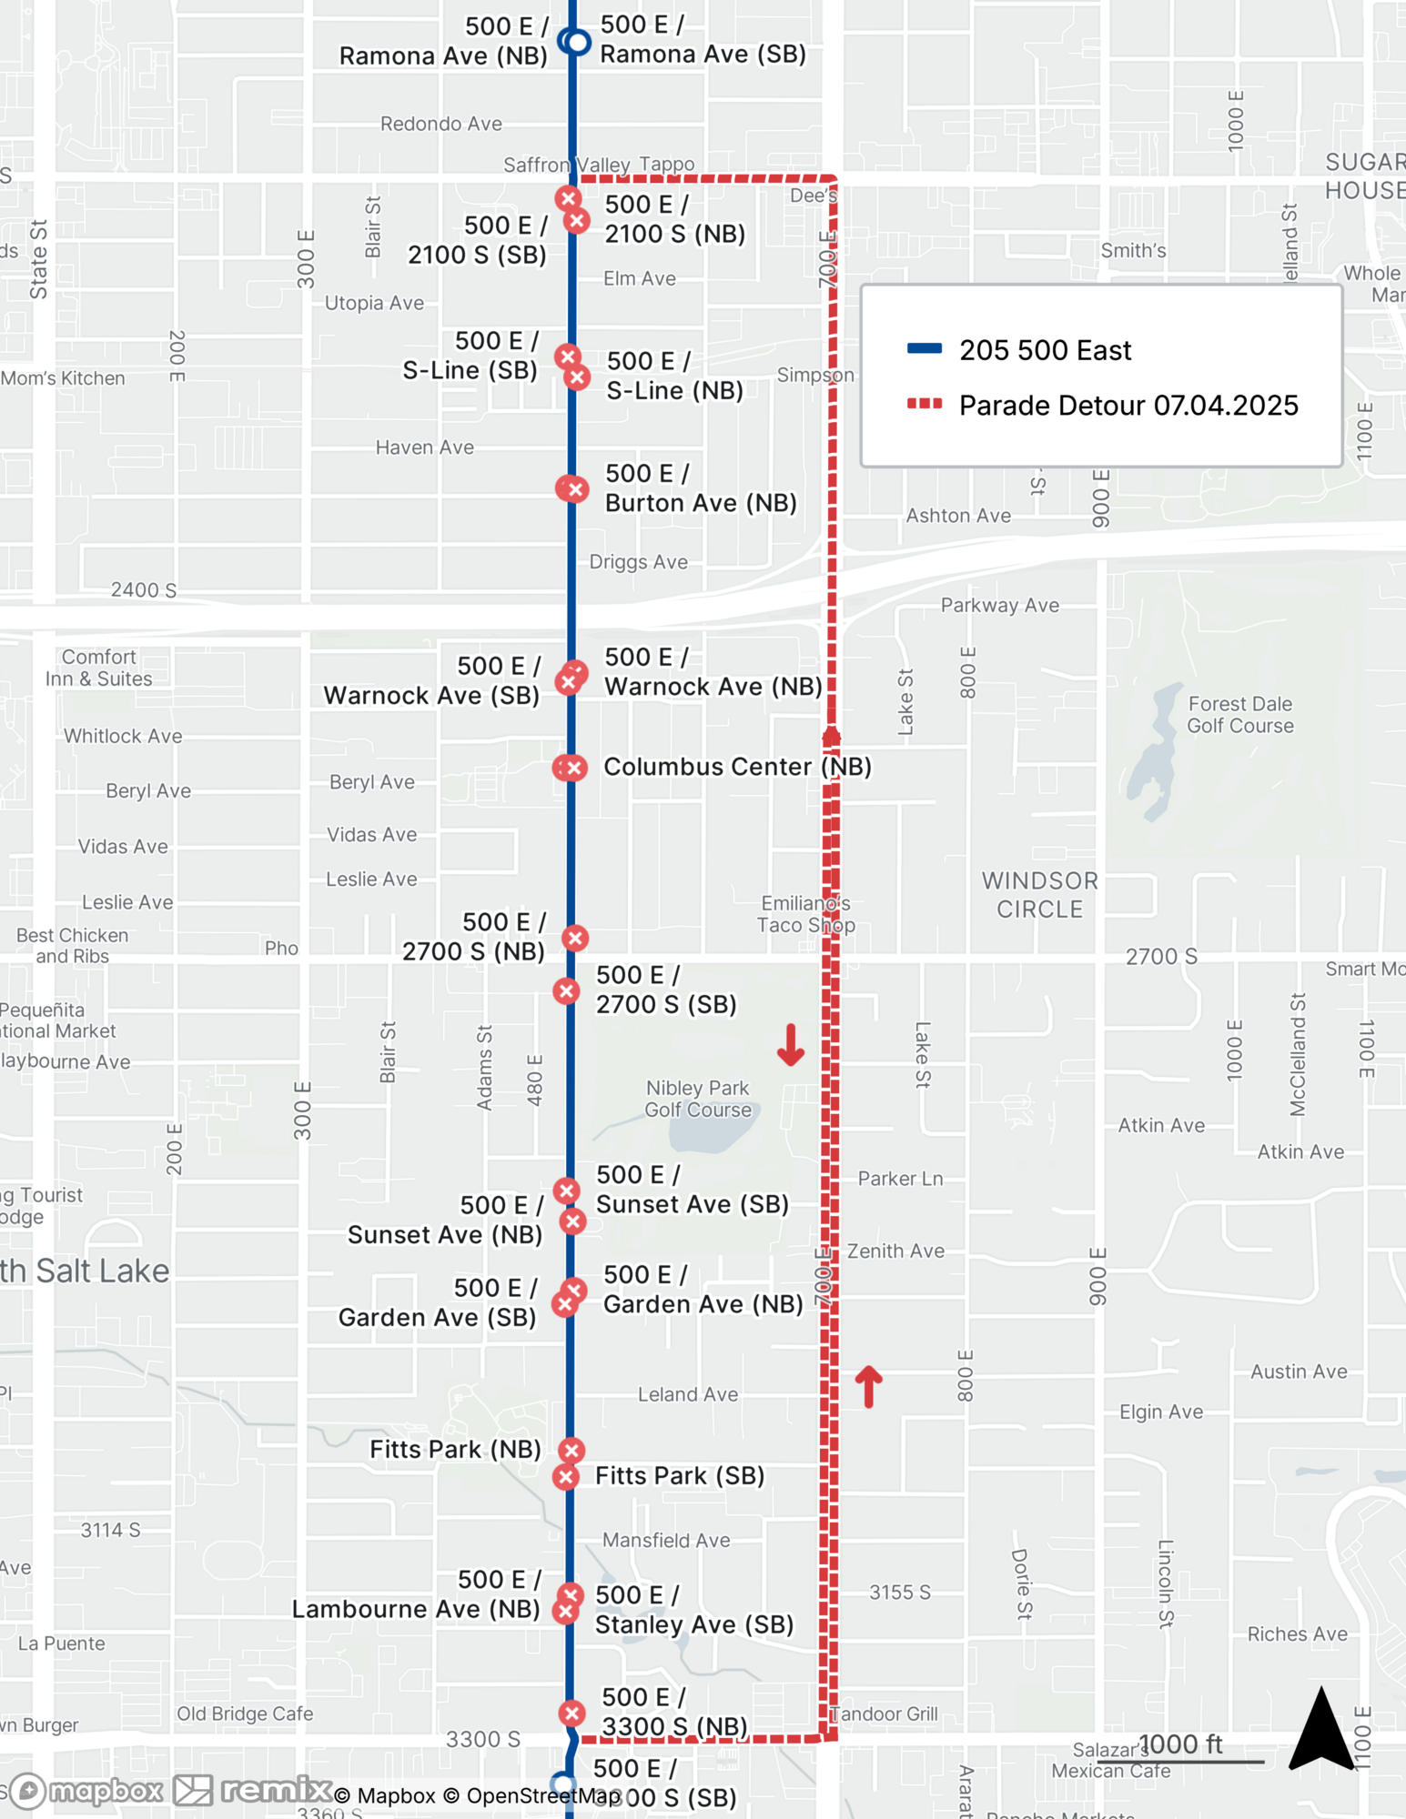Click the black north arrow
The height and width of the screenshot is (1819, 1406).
click(1321, 1730)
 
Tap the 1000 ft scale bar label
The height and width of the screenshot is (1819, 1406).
click(1180, 1744)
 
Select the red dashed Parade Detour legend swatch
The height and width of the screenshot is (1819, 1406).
click(924, 404)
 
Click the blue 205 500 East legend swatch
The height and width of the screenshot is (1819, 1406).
click(924, 348)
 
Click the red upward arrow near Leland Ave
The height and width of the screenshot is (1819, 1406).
click(869, 1386)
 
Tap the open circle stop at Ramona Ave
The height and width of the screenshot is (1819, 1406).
click(574, 42)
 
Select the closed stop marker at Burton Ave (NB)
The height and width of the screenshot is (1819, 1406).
click(572, 488)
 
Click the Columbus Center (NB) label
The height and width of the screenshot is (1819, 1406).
click(737, 767)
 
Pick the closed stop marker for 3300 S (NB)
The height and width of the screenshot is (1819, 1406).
click(572, 1713)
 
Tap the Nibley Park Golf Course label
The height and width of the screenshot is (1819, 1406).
click(698, 1099)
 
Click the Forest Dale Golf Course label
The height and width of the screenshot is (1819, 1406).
click(1239, 715)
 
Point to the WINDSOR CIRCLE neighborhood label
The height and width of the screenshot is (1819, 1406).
click(1039, 894)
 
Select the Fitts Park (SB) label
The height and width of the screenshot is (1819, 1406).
click(679, 1475)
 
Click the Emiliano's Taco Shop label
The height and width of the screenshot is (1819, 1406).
click(805, 914)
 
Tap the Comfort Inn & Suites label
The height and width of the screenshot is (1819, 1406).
click(99, 668)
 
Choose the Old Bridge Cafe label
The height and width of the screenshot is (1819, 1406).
click(245, 1713)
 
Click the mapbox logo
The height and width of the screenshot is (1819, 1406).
click(86, 1791)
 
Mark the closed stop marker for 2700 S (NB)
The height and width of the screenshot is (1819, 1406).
click(574, 938)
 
